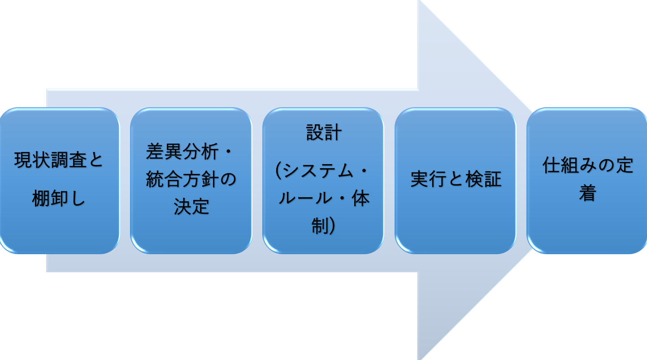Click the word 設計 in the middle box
click(324, 133)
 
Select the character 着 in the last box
click(587, 193)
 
